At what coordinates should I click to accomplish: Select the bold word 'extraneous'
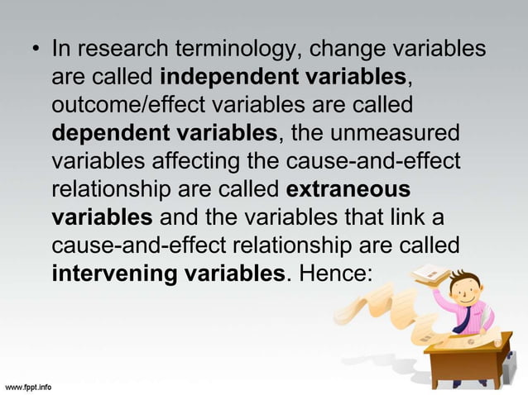click(348, 189)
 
